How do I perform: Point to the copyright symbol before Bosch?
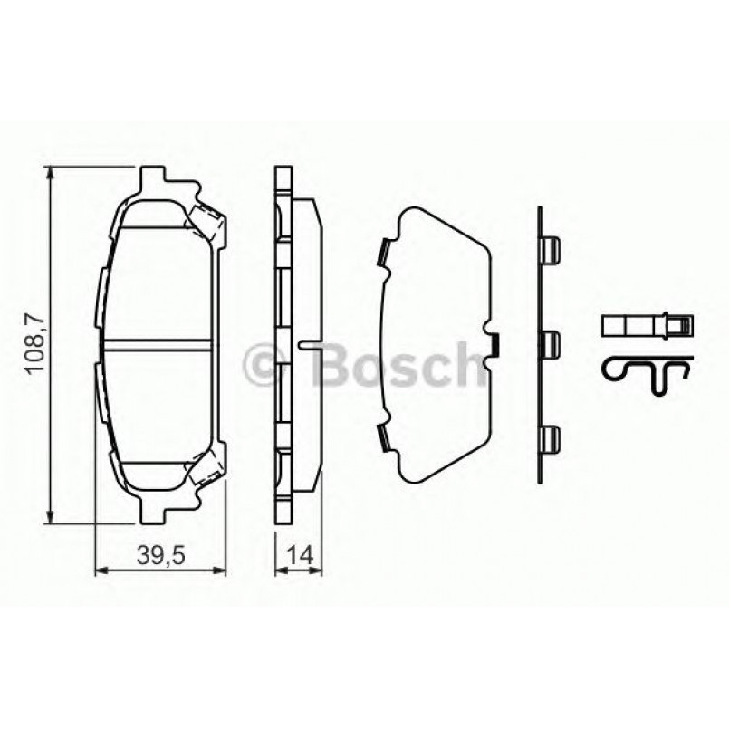click(x=268, y=365)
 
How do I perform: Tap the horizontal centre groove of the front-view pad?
click(x=159, y=343)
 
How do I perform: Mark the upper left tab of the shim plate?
click(x=384, y=253)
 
